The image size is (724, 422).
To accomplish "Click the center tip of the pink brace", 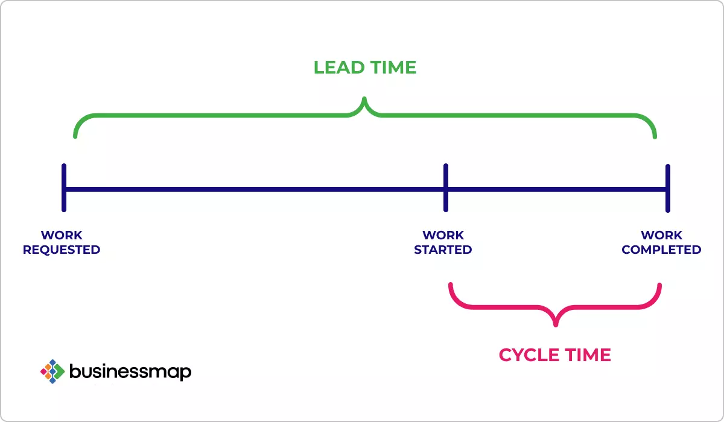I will [556, 324].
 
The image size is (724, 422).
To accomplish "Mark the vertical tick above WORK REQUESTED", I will [64, 187].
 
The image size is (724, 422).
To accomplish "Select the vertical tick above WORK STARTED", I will [446, 187].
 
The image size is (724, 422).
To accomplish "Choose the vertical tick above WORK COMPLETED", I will [667, 187].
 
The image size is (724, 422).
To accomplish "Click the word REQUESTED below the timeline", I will [62, 250].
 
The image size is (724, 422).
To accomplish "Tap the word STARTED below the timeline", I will [443, 250].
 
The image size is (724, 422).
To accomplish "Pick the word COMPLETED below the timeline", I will [661, 250].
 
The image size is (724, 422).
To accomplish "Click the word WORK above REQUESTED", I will [62, 235].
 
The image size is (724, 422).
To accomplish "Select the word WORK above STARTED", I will [443, 235].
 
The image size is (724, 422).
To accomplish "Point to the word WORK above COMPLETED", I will [662, 235].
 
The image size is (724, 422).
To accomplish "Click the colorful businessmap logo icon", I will [52, 371].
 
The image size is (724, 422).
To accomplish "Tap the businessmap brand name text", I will [130, 371].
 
